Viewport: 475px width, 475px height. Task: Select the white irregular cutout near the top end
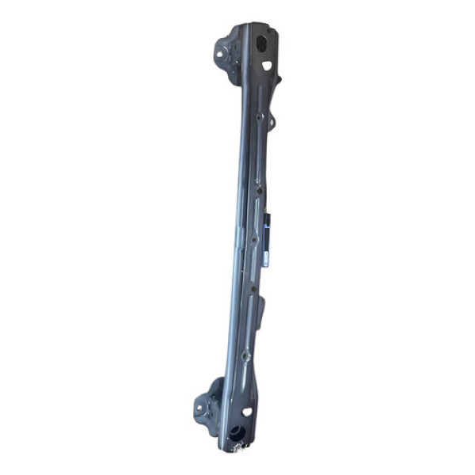coord(267,65)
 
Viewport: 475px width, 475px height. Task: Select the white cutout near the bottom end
coord(247,412)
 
